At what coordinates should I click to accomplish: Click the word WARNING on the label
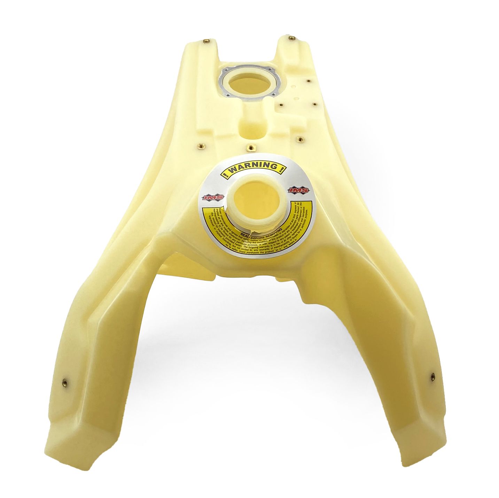(x=253, y=167)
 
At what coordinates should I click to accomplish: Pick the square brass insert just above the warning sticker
(x=249, y=148)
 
